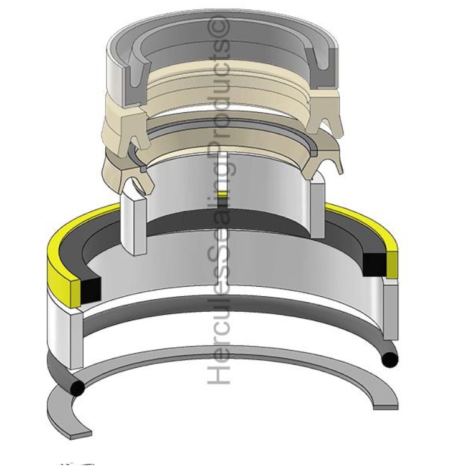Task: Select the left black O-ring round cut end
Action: [x=78, y=388]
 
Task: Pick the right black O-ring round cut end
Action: [x=389, y=360]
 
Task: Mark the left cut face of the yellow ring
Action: [x=76, y=294]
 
